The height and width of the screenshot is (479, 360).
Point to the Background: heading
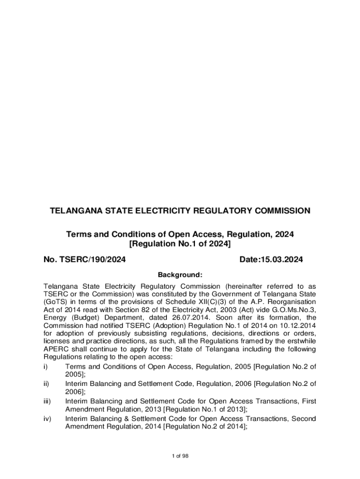pyautogui.click(x=180, y=275)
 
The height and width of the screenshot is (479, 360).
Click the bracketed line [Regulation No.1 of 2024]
pyautogui.click(x=180, y=244)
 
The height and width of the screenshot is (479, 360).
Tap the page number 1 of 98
pyautogui.click(x=180, y=456)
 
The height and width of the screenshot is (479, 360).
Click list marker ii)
pyautogui.click(x=46, y=384)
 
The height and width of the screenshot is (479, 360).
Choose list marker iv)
pyautogui.click(x=47, y=418)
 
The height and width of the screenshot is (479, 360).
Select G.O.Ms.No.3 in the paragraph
pyautogui.click(x=294, y=310)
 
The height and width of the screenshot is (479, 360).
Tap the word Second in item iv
pyautogui.click(x=303, y=418)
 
